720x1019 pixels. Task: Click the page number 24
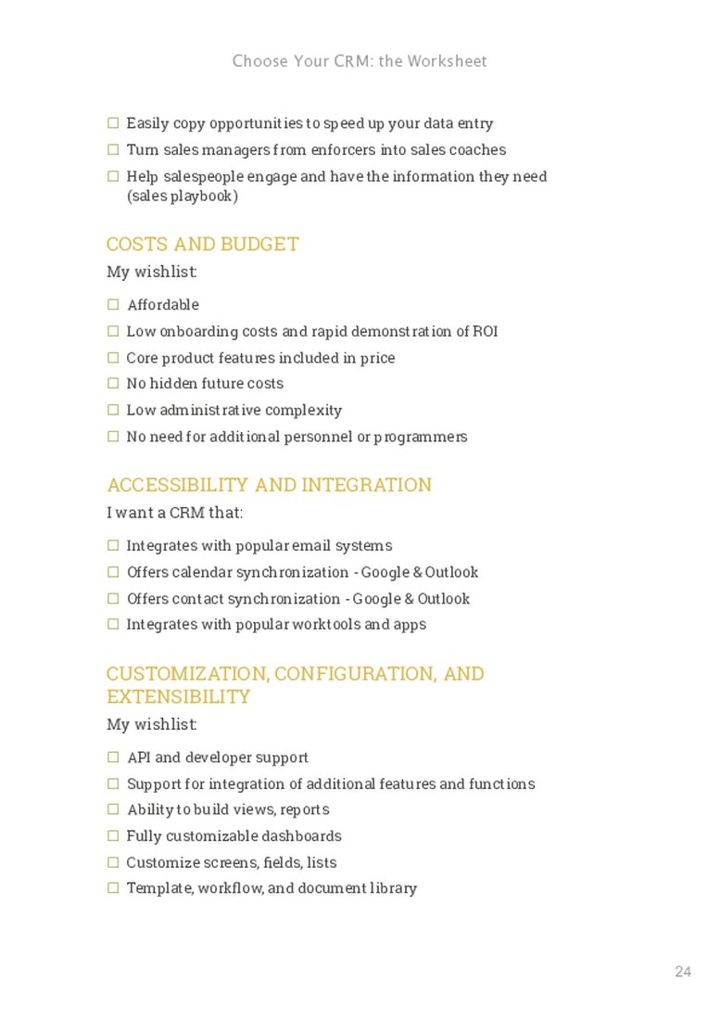pos(683,972)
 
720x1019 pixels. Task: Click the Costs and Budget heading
pos(202,244)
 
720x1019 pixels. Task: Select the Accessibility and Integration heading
pos(269,485)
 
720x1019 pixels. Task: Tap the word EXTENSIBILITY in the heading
pos(178,696)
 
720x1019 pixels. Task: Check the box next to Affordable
pos(113,304)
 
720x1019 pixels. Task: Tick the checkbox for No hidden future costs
pos(113,383)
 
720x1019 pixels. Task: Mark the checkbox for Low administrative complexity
pos(113,409)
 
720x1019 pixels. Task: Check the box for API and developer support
pos(113,758)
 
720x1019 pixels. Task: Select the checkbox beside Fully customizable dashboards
pos(113,835)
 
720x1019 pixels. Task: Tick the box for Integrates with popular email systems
pos(113,545)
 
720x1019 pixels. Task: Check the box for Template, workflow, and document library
pos(113,887)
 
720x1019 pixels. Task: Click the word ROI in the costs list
pos(485,331)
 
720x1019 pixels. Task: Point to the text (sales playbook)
pos(182,197)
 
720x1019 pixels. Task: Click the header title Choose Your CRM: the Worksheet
pos(360,61)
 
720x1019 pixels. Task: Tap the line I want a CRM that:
pos(175,513)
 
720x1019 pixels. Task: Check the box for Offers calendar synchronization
pos(113,572)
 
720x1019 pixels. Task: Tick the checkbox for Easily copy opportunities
pos(113,122)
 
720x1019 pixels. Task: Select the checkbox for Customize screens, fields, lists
pos(113,861)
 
